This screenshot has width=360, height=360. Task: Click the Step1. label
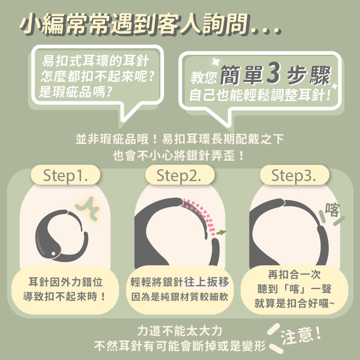point(66,175)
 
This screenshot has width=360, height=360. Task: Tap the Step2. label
point(179,175)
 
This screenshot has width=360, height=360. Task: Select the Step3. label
point(294,175)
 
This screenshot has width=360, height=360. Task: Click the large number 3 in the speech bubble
point(274,73)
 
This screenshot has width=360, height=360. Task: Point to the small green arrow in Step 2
point(221,232)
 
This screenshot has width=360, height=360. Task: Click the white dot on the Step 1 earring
point(53,253)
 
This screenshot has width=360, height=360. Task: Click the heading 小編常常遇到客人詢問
point(134,23)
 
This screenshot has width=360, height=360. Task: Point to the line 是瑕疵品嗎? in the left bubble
point(76,92)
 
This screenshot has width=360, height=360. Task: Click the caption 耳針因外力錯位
point(66,282)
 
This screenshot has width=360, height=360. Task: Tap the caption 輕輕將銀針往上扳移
point(180,282)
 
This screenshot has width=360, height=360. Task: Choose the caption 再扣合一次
point(294,274)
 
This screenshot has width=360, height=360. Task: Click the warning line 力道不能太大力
point(180,331)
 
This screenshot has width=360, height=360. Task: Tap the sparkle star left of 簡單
point(216,62)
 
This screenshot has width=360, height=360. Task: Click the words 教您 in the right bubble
point(203,77)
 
